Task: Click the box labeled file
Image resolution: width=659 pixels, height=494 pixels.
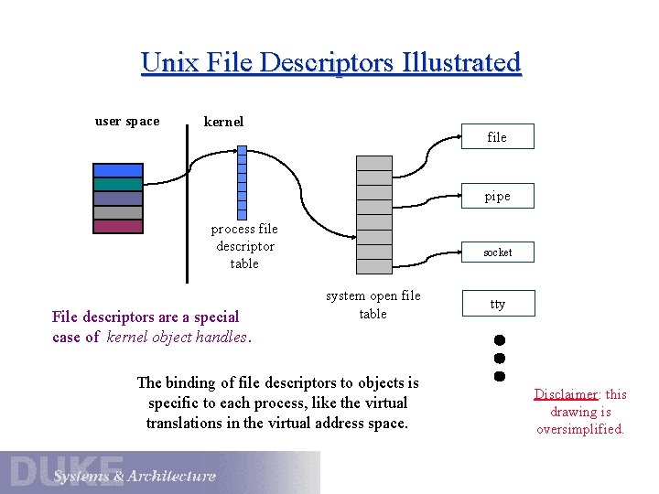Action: [x=497, y=137]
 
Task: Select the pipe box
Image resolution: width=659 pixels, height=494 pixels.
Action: [x=497, y=196]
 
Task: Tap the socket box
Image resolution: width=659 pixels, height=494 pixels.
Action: [x=497, y=252]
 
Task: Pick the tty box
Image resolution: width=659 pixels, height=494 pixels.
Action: [x=497, y=304]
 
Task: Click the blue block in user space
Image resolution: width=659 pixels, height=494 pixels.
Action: [x=118, y=170]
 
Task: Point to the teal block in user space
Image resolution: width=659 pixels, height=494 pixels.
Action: [x=118, y=184]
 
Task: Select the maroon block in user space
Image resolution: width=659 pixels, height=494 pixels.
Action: [x=118, y=226]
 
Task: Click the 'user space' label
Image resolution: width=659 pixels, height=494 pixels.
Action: [x=127, y=121]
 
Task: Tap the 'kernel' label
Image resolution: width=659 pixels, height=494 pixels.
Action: [x=223, y=121]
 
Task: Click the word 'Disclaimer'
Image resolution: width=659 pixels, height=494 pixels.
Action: [x=566, y=394]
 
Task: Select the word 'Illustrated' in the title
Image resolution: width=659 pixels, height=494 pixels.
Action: [x=460, y=62]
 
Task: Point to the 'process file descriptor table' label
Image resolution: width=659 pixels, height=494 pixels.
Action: [x=244, y=246]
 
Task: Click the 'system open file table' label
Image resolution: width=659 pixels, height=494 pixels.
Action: [x=373, y=305]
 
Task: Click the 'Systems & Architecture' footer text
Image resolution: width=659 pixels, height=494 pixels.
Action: [x=135, y=476]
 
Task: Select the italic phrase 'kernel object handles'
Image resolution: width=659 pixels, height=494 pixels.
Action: [x=177, y=337]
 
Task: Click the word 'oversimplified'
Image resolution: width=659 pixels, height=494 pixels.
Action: [x=579, y=429]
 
